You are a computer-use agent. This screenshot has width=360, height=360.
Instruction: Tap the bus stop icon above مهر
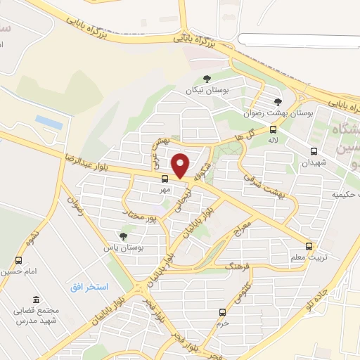point(165,179)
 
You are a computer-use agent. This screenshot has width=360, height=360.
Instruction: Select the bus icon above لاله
point(274,129)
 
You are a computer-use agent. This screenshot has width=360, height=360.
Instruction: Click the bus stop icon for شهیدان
point(313,150)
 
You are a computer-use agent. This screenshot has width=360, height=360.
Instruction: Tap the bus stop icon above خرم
point(222,312)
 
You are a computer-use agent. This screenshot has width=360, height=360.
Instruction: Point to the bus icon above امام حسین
point(18,260)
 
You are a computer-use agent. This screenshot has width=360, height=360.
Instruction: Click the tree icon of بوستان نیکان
point(206,79)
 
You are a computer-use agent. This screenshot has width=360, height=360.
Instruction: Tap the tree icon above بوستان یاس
point(124,237)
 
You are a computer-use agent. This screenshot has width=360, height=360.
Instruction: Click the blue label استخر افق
point(89,287)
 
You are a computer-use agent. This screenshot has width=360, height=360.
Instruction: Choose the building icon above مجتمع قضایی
point(37,299)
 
